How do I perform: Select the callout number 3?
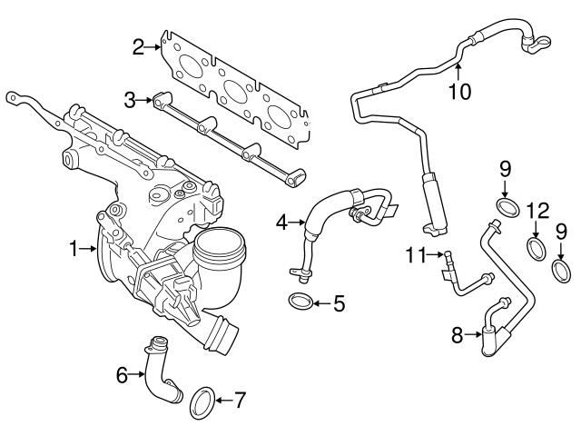pyautogui.click(x=131, y=99)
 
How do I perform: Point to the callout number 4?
pyautogui.click(x=282, y=221)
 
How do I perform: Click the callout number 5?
pyautogui.click(x=339, y=302)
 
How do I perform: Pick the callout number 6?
pyautogui.click(x=122, y=372)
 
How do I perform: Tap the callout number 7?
pyautogui.click(x=240, y=400)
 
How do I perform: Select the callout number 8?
pyautogui.click(x=458, y=336)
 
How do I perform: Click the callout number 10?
pyautogui.click(x=458, y=92)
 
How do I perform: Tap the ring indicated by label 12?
pyautogui.click(x=537, y=248)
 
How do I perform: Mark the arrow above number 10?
pyautogui.click(x=458, y=68)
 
